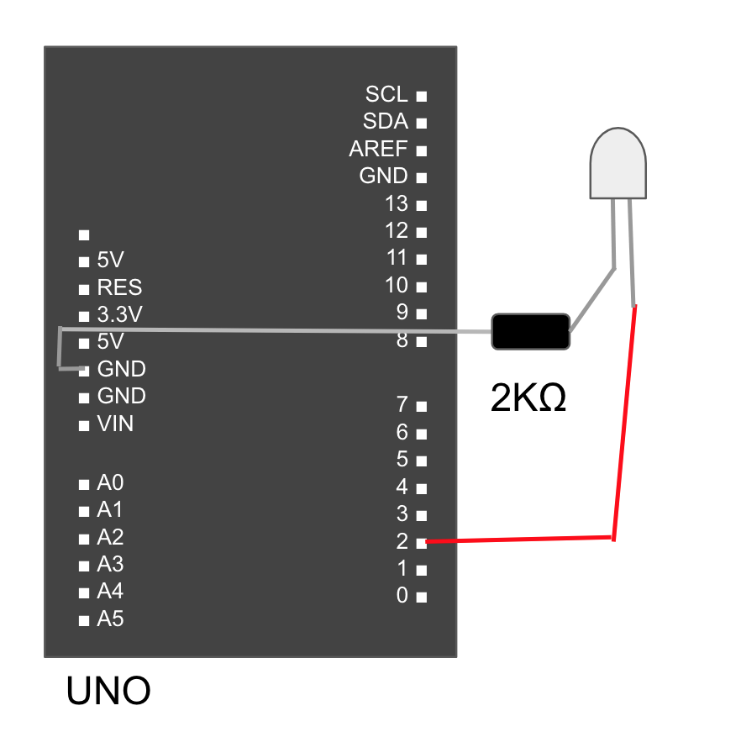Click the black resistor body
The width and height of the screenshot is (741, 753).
530,331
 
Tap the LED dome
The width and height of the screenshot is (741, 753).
618,164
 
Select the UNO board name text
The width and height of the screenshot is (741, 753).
108,691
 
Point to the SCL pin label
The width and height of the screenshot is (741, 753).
386,94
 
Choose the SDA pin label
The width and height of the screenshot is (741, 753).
386,122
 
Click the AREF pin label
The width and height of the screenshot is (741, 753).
378,150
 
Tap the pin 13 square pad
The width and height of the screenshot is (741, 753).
421,205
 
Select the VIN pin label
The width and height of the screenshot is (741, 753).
115,424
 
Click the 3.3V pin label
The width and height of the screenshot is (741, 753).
120,314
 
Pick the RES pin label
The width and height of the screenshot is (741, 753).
119,287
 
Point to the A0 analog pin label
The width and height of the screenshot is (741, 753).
110,482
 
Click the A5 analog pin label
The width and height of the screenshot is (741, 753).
110,619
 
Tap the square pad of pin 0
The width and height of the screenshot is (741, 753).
421,598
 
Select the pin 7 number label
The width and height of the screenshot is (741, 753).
402,405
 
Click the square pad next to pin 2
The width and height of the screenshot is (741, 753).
421,543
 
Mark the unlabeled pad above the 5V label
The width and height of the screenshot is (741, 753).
83,234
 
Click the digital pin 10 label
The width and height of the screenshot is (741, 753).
397,285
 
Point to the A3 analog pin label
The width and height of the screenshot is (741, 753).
110,564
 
